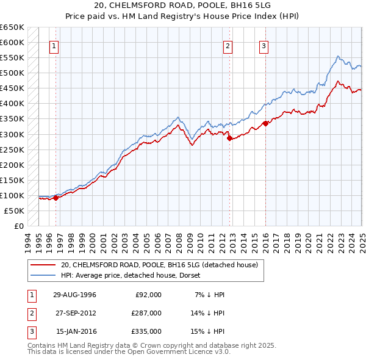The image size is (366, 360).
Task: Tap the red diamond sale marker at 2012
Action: click(x=229, y=138)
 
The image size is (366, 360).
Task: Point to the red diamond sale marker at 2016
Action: click(x=266, y=123)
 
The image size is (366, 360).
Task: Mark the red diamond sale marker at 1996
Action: click(x=56, y=198)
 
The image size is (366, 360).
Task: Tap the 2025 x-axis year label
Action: click(x=362, y=242)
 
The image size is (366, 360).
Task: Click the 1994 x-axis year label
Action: click(x=28, y=242)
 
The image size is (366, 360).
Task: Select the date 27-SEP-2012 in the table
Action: click(x=76, y=313)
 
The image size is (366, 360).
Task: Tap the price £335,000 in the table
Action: click(x=147, y=331)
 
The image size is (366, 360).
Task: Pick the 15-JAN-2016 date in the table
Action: click(x=76, y=331)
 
